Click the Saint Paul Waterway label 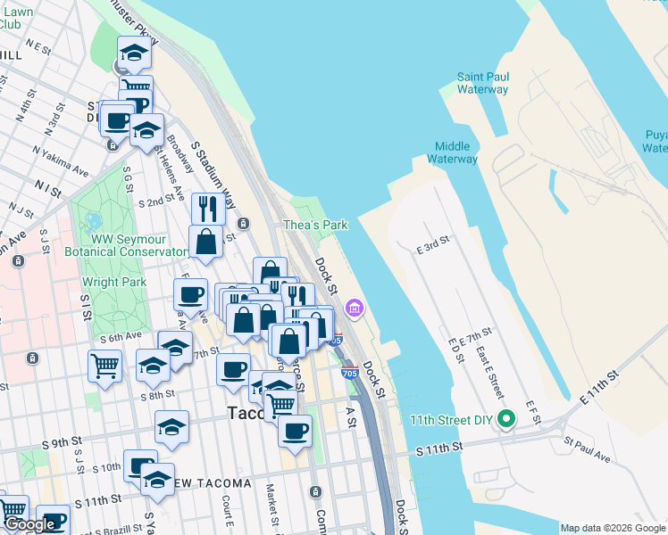click(482, 83)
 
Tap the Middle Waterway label click(452, 152)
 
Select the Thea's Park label click(315, 226)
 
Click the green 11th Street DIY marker click(506, 418)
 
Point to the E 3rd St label click(433, 244)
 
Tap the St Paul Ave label click(587, 449)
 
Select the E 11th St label click(598, 384)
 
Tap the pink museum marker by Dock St click(355, 309)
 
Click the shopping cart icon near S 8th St click(104, 365)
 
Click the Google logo click(30, 524)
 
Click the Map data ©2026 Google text click(613, 528)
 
